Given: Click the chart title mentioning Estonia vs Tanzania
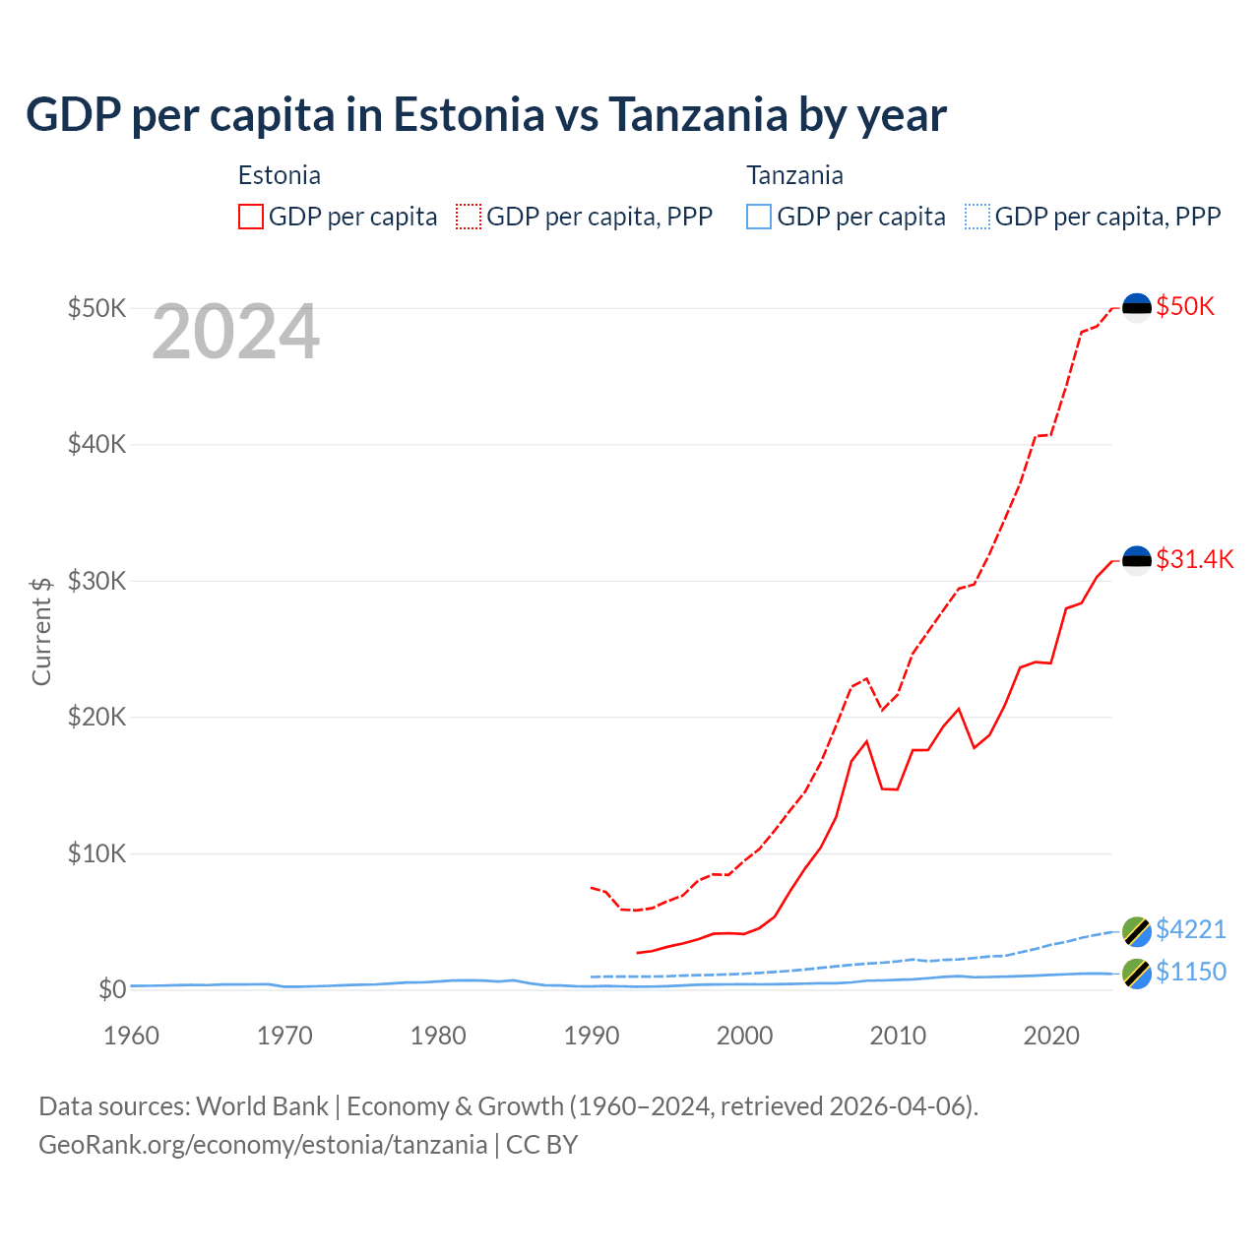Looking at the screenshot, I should click(x=486, y=115).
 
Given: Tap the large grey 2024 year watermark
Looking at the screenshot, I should click(x=236, y=333).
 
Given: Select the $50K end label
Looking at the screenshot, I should click(x=1185, y=306).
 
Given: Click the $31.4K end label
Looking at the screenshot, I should click(x=1194, y=559).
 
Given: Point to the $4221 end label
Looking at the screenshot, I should click(x=1190, y=929).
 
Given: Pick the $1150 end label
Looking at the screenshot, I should click(x=1190, y=972).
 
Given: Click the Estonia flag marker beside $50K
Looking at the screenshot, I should click(x=1137, y=307).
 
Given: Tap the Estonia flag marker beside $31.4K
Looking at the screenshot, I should click(x=1137, y=560).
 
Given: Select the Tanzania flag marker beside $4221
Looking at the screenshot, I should click(x=1137, y=930).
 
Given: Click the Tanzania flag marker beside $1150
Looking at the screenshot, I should click(x=1137, y=973).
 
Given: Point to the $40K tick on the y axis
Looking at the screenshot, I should click(x=96, y=444).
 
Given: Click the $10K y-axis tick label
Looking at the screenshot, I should click(x=96, y=853).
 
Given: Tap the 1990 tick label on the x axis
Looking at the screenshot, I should click(x=592, y=1036).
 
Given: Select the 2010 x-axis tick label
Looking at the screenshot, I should click(x=898, y=1036).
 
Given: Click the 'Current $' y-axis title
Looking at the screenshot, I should click(x=41, y=631).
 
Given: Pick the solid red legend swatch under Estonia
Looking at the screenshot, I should click(x=251, y=217).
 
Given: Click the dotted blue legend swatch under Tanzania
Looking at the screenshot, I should click(x=977, y=217).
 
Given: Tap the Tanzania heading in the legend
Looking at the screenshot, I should click(x=794, y=175).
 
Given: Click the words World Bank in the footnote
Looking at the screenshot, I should click(x=262, y=1106).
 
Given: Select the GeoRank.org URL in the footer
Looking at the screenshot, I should click(x=263, y=1145).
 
